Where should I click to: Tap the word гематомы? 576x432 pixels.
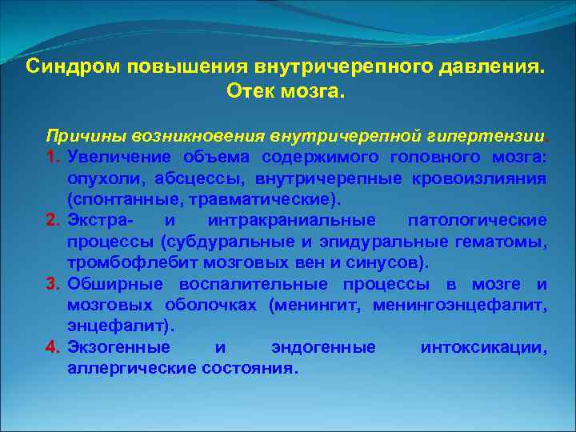pos(506,241)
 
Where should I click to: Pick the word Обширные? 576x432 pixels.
pos(110,284)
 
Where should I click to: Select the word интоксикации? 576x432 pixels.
pos(483,348)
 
